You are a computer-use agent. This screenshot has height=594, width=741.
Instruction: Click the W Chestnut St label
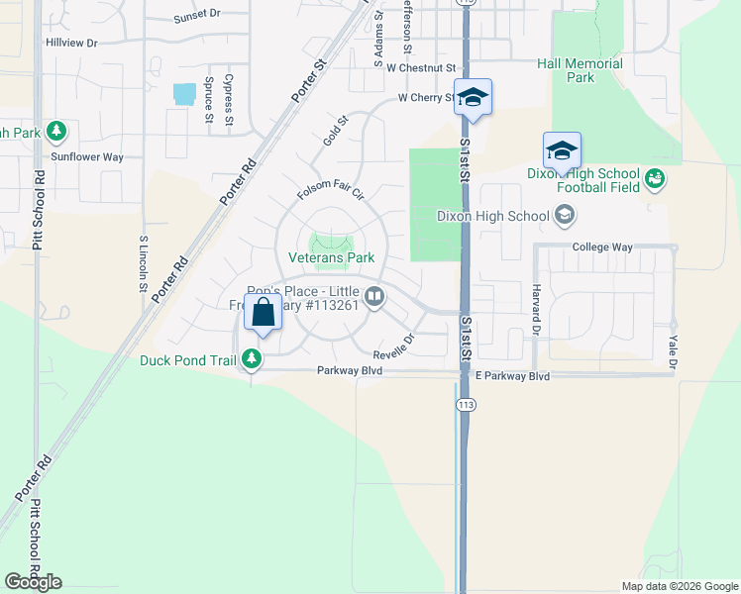pyautogui.click(x=420, y=68)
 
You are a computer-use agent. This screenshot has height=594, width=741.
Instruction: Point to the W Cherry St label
pyautogui.click(x=426, y=98)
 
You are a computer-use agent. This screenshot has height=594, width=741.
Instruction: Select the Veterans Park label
pyautogui.click(x=324, y=257)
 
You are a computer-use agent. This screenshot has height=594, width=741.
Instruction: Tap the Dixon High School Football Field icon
pyautogui.click(x=654, y=179)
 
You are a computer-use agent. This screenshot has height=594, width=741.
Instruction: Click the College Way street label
pyautogui.click(x=601, y=247)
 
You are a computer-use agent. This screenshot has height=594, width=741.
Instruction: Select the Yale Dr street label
pyautogui.click(x=672, y=350)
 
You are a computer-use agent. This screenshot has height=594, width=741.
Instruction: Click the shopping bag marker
pyautogui.click(x=263, y=314)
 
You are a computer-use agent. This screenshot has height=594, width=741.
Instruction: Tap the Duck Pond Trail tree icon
pyautogui.click(x=253, y=358)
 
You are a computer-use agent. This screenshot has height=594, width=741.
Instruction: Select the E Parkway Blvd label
pyautogui.click(x=512, y=376)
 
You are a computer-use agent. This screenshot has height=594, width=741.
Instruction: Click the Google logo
pyautogui.click(x=33, y=582)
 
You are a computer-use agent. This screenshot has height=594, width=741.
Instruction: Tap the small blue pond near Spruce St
pyautogui.click(x=184, y=94)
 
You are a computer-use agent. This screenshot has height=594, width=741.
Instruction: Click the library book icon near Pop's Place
pyautogui.click(x=373, y=296)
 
